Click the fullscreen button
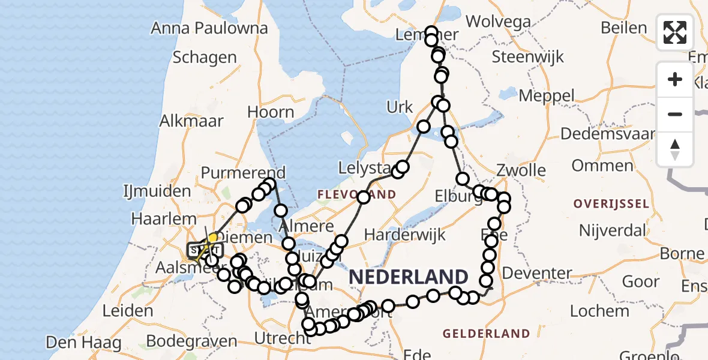pos(675,32)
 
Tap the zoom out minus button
pos(675,114)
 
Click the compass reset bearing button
pos(675,149)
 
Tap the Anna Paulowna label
pos(209,28)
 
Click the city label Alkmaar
pos(191,120)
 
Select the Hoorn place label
pos(271,112)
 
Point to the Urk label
pos(400,107)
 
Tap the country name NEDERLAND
pos(408,277)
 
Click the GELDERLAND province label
pos(486,334)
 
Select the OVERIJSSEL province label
pos(611,204)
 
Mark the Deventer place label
pos(537,274)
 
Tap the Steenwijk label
pos(528,57)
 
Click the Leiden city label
pos(128,311)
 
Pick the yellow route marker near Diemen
pos(212,238)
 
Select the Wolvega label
pos(498,22)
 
